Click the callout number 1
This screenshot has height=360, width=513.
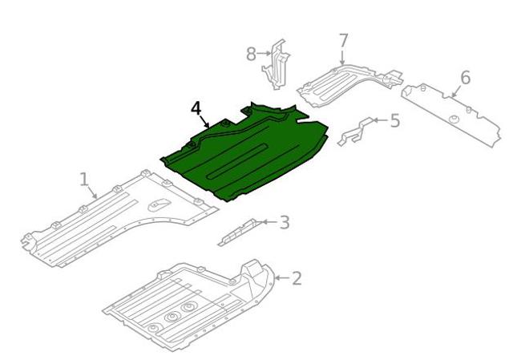pyautogui.click(x=84, y=180)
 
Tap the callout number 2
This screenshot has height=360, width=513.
pyautogui.click(x=297, y=278)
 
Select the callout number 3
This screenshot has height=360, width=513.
pyautogui.click(x=285, y=223)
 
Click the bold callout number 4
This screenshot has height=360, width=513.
pyautogui.click(x=196, y=108)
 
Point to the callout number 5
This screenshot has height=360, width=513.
pyautogui.click(x=395, y=120)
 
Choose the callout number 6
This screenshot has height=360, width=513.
pyautogui.click(x=465, y=78)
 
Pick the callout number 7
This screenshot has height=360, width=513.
pyautogui.click(x=343, y=41)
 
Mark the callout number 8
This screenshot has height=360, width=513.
pyautogui.click(x=251, y=54)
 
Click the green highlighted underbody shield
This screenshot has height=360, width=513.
pyautogui.click(x=245, y=154)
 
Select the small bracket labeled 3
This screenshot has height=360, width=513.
pyautogui.click(x=240, y=232)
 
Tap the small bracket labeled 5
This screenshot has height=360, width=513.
pyautogui.click(x=356, y=131)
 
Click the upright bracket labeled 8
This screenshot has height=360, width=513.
pyautogui.click(x=276, y=65)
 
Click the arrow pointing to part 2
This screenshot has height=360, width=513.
pyautogui.click(x=282, y=278)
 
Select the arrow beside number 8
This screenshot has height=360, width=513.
pyautogui.click(x=264, y=53)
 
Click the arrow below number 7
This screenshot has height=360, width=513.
pyautogui.click(x=342, y=57)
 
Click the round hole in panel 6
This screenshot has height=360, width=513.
pyautogui.click(x=453, y=119)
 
